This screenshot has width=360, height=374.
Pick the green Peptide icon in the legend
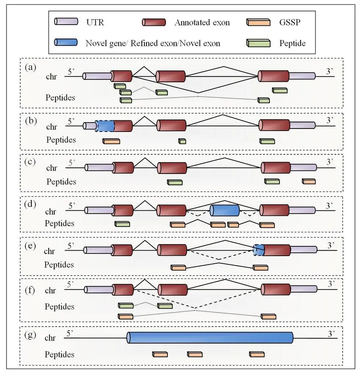pyautogui.click(x=258, y=43)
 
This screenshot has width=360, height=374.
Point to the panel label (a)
pyautogui.click(x=30, y=67)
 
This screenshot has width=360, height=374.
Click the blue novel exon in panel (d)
pyautogui.click(x=225, y=210)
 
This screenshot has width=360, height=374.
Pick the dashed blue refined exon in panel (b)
pyautogui.click(x=105, y=126)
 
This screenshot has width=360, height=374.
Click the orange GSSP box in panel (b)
pyautogui.click(x=111, y=141)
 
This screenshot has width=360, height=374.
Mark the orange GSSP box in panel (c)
pyautogui.click(x=309, y=181)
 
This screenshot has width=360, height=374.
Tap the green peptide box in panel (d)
pyautogui.click(x=122, y=224)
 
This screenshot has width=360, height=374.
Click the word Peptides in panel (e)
pyautogui.click(x=59, y=265)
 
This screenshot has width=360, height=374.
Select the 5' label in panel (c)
pyautogui.click(x=71, y=162)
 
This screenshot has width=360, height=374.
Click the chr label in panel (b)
pyautogui.click(x=52, y=126)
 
